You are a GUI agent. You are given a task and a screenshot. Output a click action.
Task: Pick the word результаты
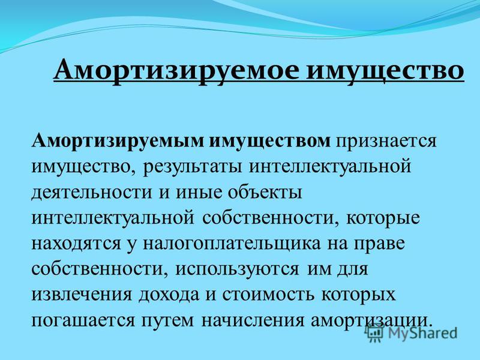point(193,167)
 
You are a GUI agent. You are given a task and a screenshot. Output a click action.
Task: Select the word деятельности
point(92,193)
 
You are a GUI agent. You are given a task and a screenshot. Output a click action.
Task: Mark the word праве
point(380,244)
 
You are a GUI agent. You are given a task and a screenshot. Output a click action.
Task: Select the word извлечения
point(82,295)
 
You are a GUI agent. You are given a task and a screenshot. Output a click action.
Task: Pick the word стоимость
point(268,295)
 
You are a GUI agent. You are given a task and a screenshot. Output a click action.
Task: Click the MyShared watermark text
point(422,334)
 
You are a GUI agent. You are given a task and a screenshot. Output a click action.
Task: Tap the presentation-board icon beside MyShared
point(374,333)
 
